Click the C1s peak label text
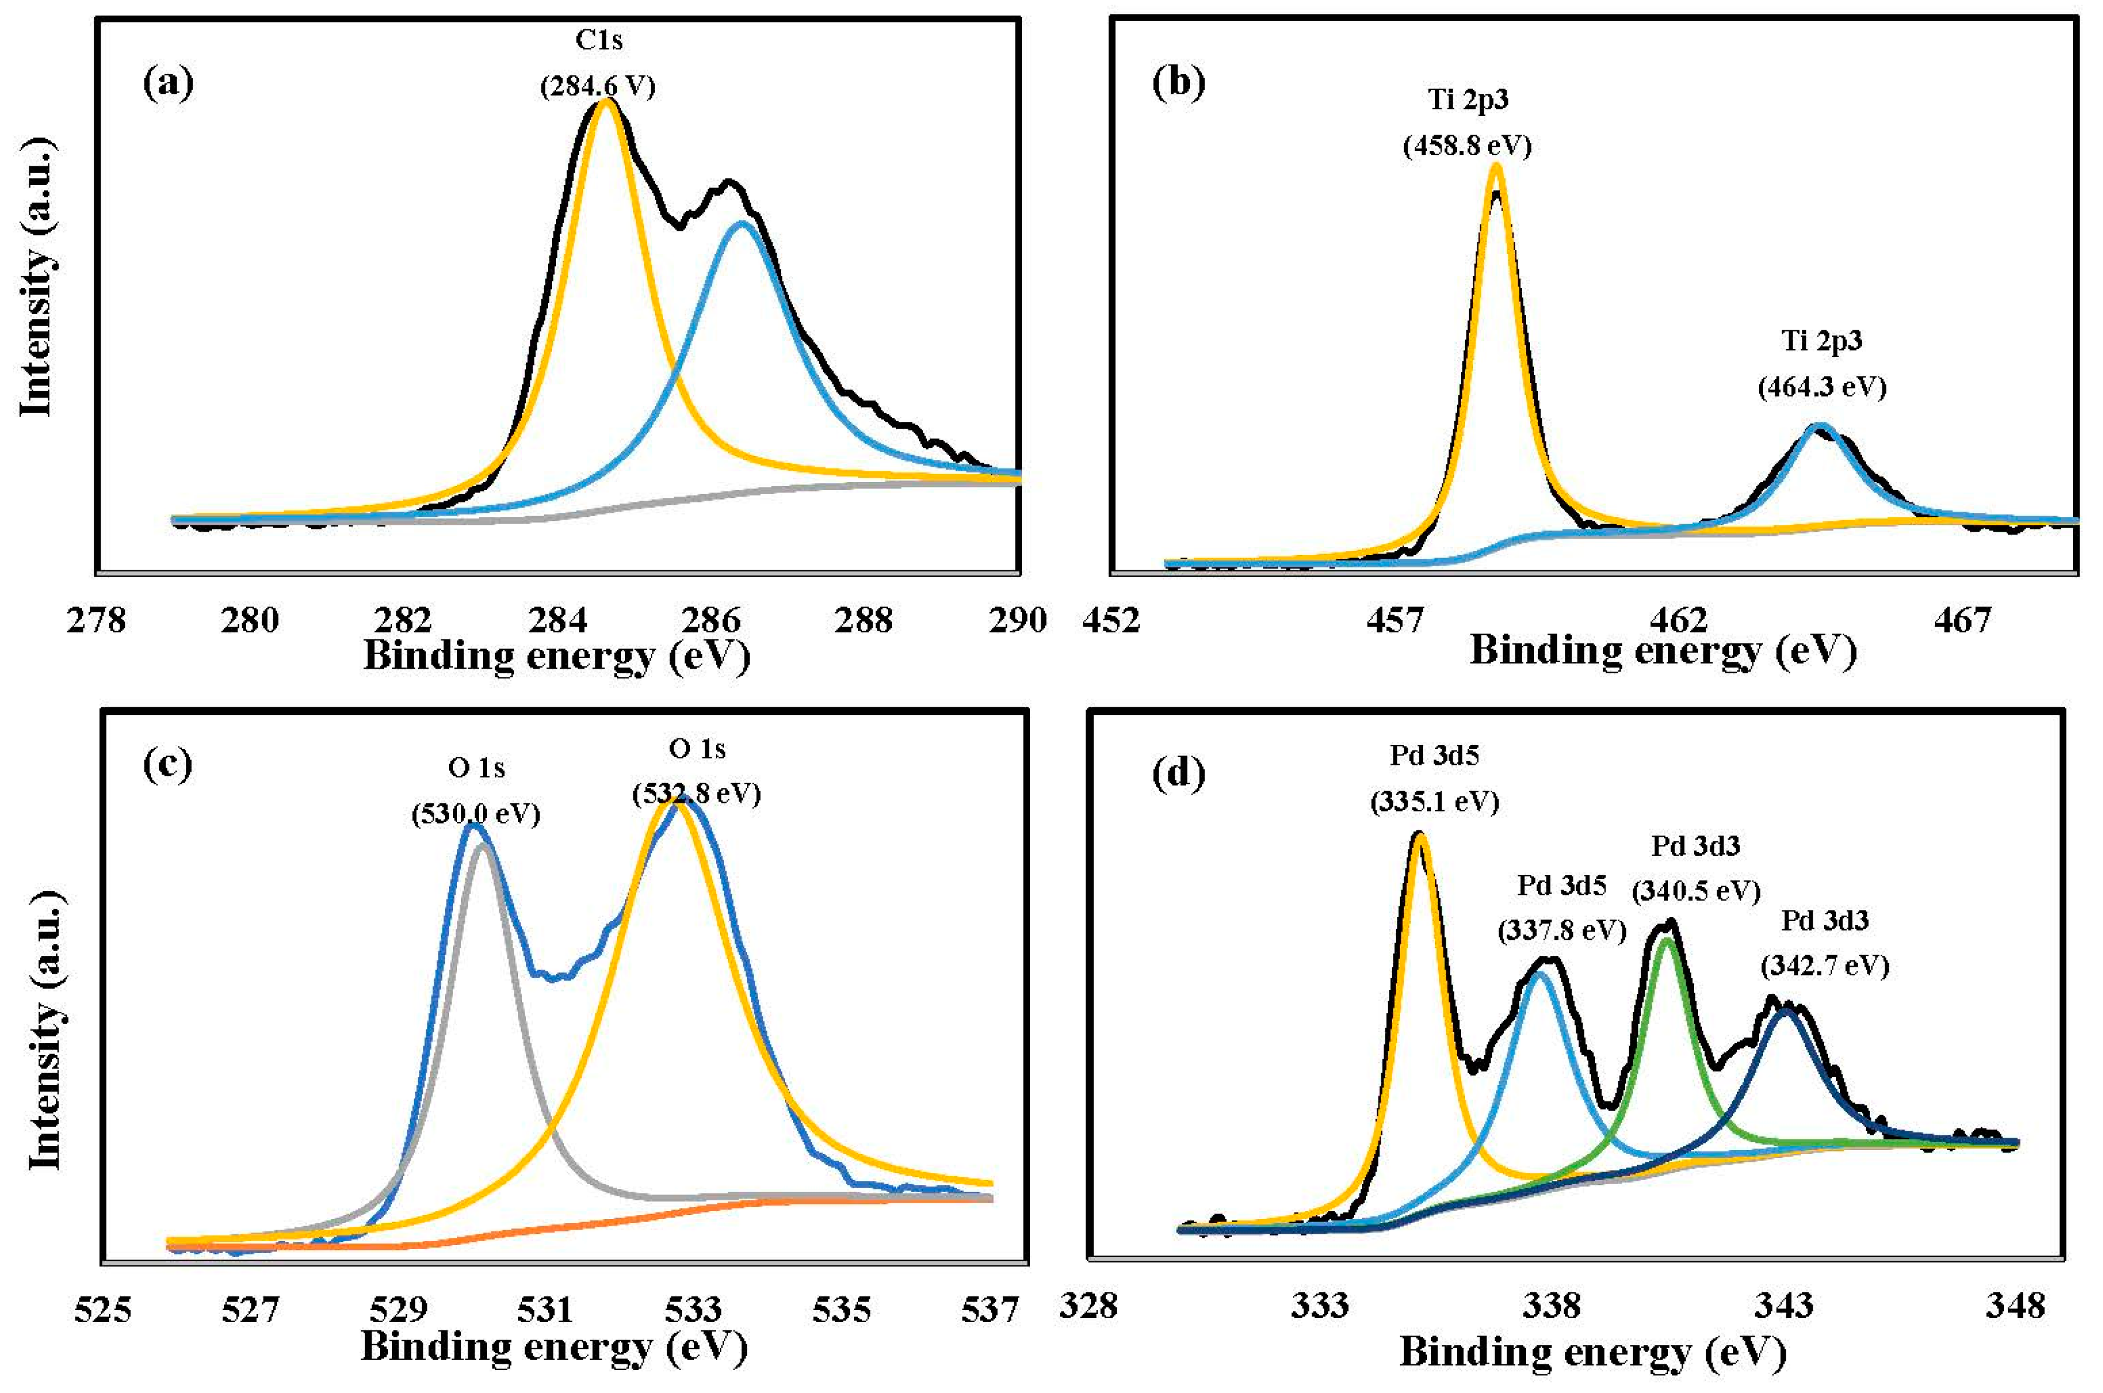coord(599,40)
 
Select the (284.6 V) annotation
coord(598,86)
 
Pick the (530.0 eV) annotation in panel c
coord(475,814)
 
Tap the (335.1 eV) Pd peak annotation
coord(1434,802)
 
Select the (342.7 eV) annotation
coord(1824,966)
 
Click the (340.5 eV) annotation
coord(1696,890)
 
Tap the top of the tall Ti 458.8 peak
coord(1495,166)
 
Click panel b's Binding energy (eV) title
coord(1662,651)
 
